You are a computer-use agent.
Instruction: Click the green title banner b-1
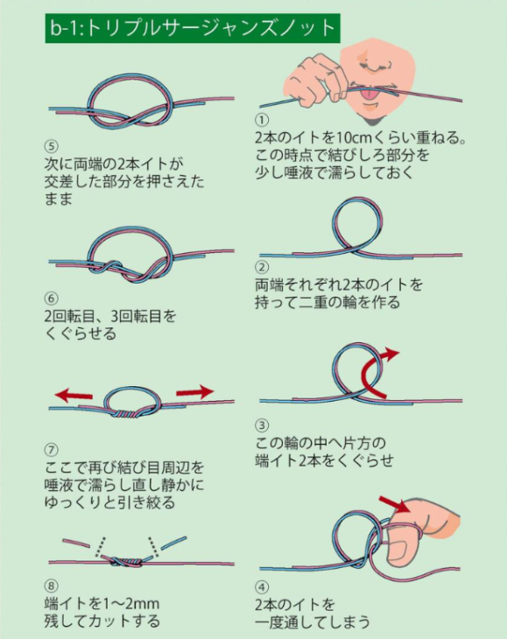pos(193,28)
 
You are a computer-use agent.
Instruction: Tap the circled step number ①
pos(262,120)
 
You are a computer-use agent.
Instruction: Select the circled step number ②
pos(262,267)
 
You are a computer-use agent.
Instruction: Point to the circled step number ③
pos(262,426)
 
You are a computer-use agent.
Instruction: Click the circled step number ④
pos(262,587)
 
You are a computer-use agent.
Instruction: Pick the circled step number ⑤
pos(52,146)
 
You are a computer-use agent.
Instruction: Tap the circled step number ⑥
pos(52,298)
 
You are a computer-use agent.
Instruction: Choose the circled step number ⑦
pos(52,450)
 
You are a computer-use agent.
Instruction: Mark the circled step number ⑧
pos(52,586)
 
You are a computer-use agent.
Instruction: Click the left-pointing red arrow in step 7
pos(74,395)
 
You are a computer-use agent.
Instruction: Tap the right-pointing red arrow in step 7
pos(194,392)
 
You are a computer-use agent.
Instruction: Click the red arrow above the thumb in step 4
pos(394,504)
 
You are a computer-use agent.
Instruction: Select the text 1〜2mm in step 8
pos(130,603)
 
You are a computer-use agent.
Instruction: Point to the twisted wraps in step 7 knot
pos(123,415)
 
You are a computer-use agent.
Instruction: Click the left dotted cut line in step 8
pos(100,546)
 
